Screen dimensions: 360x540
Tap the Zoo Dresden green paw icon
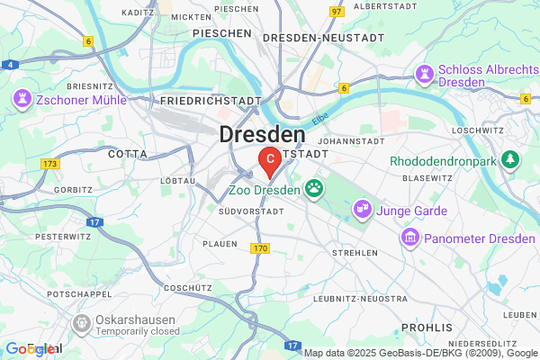(314, 188)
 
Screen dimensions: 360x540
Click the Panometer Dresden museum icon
(410, 237)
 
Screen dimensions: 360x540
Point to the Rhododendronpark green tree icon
(512, 159)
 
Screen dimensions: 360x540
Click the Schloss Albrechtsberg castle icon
(424, 72)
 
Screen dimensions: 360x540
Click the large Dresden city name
(262, 135)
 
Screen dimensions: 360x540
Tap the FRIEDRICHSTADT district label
(211, 102)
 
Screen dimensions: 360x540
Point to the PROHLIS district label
(426, 327)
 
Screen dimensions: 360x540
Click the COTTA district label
(127, 154)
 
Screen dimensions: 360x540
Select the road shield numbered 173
(49, 163)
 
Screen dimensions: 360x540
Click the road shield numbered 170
(260, 247)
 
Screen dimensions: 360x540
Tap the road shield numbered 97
(337, 12)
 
